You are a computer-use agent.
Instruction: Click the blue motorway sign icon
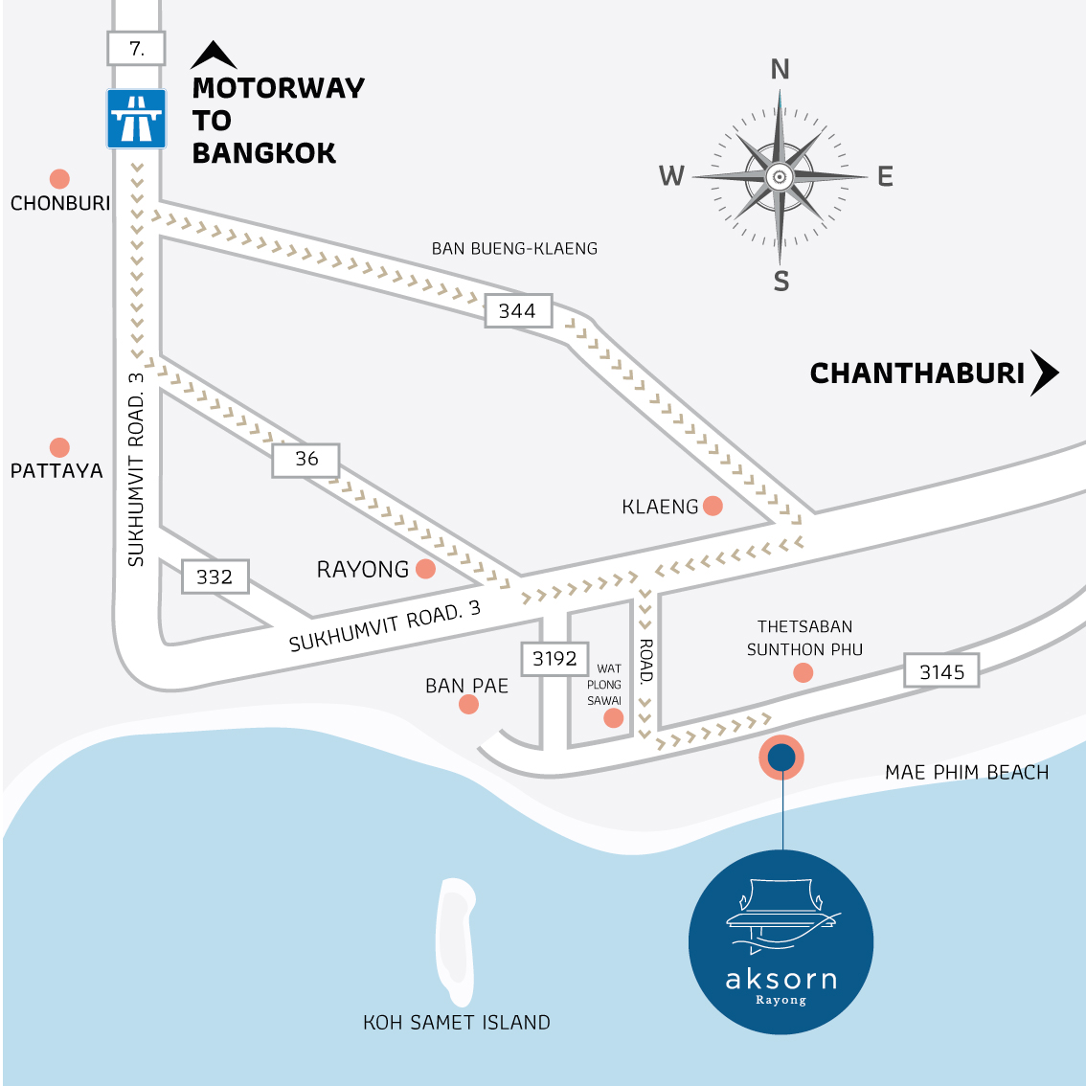[x=136, y=119]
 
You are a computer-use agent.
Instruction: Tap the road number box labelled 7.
[x=136, y=48]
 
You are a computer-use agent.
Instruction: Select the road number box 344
[x=518, y=310]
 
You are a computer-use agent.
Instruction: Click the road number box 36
[x=306, y=459]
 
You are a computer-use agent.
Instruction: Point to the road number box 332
[x=215, y=577]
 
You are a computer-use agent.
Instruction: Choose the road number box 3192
[x=555, y=659]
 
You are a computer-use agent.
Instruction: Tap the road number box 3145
[x=942, y=671]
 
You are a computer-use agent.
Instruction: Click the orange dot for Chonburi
[x=59, y=179]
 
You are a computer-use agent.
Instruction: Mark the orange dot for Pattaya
[x=59, y=447]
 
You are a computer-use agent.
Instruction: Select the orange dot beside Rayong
[x=426, y=570]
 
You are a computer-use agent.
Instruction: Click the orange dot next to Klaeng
[x=713, y=506]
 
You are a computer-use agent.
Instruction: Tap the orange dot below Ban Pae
[x=468, y=705]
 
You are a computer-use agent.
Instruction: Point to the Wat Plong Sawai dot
[x=614, y=718]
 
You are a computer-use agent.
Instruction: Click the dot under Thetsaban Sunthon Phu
[x=803, y=673]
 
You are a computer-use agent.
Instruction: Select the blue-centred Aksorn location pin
[x=781, y=758]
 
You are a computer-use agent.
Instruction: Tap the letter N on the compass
[x=781, y=69]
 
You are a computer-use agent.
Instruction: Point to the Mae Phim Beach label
[x=966, y=772]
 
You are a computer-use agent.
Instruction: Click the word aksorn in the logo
[x=781, y=979]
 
